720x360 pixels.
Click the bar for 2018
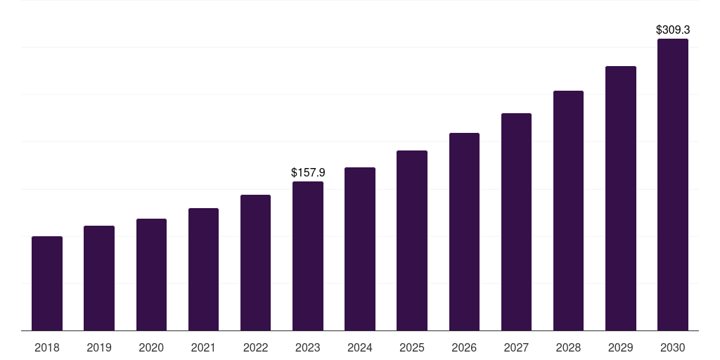point(47,283)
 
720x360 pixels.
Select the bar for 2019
point(99,278)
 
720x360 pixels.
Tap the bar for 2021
point(203,269)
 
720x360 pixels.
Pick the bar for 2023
point(308,256)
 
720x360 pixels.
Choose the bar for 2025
point(412,240)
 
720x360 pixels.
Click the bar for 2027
point(516,221)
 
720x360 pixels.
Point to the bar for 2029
point(621,198)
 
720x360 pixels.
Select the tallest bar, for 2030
point(673,184)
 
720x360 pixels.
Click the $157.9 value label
point(308,172)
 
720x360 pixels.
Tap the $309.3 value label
point(673,30)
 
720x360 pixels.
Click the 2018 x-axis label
point(47,347)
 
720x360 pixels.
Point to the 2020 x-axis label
point(151,347)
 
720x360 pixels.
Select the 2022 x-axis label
point(255,347)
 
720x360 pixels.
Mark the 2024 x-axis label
point(360,347)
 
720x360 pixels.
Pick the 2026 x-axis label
point(464,347)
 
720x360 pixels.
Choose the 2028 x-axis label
point(568,347)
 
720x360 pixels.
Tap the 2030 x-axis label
point(673,347)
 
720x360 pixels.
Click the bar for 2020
point(151,274)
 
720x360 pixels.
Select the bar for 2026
point(464,231)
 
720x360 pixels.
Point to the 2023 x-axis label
point(308,347)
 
